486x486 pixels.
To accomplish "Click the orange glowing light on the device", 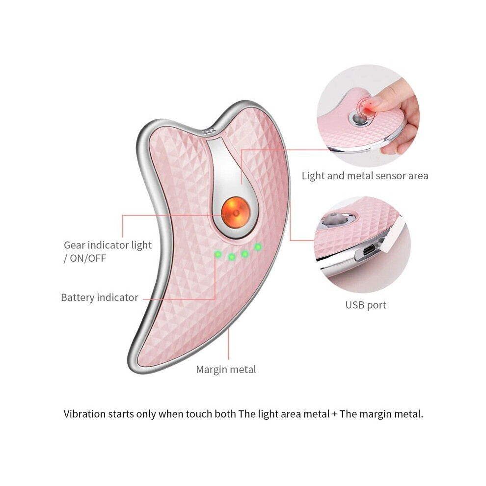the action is [235, 213].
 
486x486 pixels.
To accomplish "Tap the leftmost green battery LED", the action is [218, 254].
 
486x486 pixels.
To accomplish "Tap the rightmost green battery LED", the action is [258, 247].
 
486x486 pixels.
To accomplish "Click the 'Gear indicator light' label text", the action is [108, 245].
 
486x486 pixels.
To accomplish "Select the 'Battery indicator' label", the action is [100, 297].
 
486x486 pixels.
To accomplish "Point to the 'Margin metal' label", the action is [226, 369].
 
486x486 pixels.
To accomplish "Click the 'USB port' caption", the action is [366, 305].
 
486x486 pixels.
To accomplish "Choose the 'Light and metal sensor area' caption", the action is [365, 176].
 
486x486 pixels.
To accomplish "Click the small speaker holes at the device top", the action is [209, 131].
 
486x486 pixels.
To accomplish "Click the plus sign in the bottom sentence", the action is [334, 414].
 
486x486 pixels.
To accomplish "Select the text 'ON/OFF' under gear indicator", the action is [88, 258].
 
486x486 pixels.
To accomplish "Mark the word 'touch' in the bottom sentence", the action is [198, 414].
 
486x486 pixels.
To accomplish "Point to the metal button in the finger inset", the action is [360, 118].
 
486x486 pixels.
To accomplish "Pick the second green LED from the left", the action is [232, 257].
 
